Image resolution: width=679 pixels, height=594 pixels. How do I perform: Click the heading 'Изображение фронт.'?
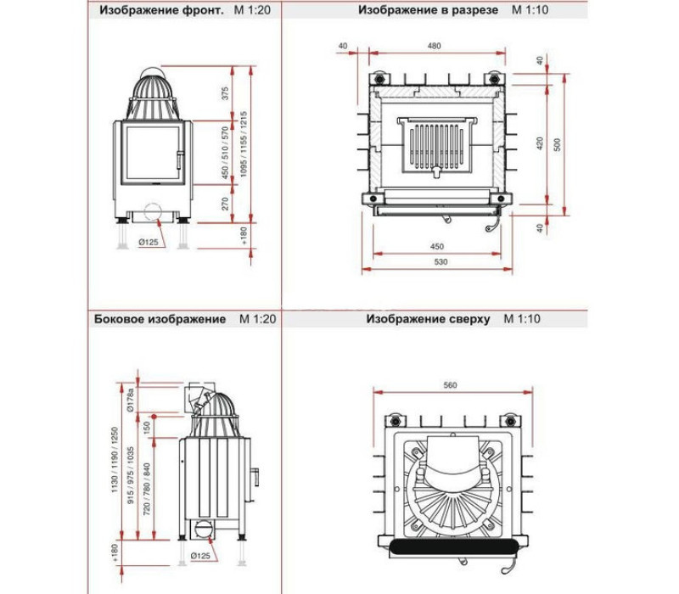[161, 10]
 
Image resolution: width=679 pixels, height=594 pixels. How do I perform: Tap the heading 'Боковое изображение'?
[160, 319]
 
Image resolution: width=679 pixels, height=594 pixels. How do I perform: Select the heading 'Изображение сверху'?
[428, 319]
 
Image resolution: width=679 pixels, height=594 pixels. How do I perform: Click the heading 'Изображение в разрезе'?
[428, 10]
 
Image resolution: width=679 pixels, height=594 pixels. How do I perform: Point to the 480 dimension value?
[434, 46]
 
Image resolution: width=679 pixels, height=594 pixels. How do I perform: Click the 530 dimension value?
[441, 261]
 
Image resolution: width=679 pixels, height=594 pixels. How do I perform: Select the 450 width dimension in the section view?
[437, 246]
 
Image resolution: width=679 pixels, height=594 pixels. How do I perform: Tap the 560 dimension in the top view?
[451, 385]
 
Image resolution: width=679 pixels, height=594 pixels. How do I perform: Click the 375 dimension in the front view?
[225, 93]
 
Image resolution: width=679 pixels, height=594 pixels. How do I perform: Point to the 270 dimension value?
[225, 204]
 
